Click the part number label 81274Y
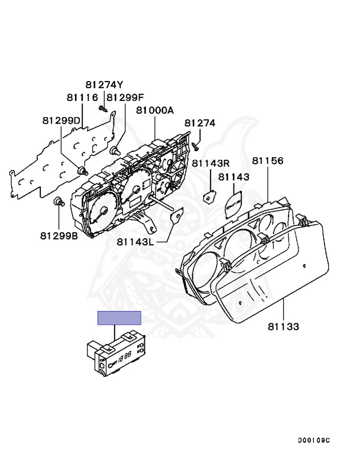point(104,85)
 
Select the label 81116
point(82,97)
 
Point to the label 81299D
point(61,120)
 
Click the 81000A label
point(155,111)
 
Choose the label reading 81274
point(200,124)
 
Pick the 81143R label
point(211,163)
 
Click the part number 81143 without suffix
point(233,176)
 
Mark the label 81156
point(268,161)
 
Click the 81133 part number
point(283,326)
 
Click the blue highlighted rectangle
point(119,318)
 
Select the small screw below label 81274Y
point(102,108)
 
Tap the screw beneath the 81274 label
point(195,144)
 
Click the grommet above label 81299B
point(58,203)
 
